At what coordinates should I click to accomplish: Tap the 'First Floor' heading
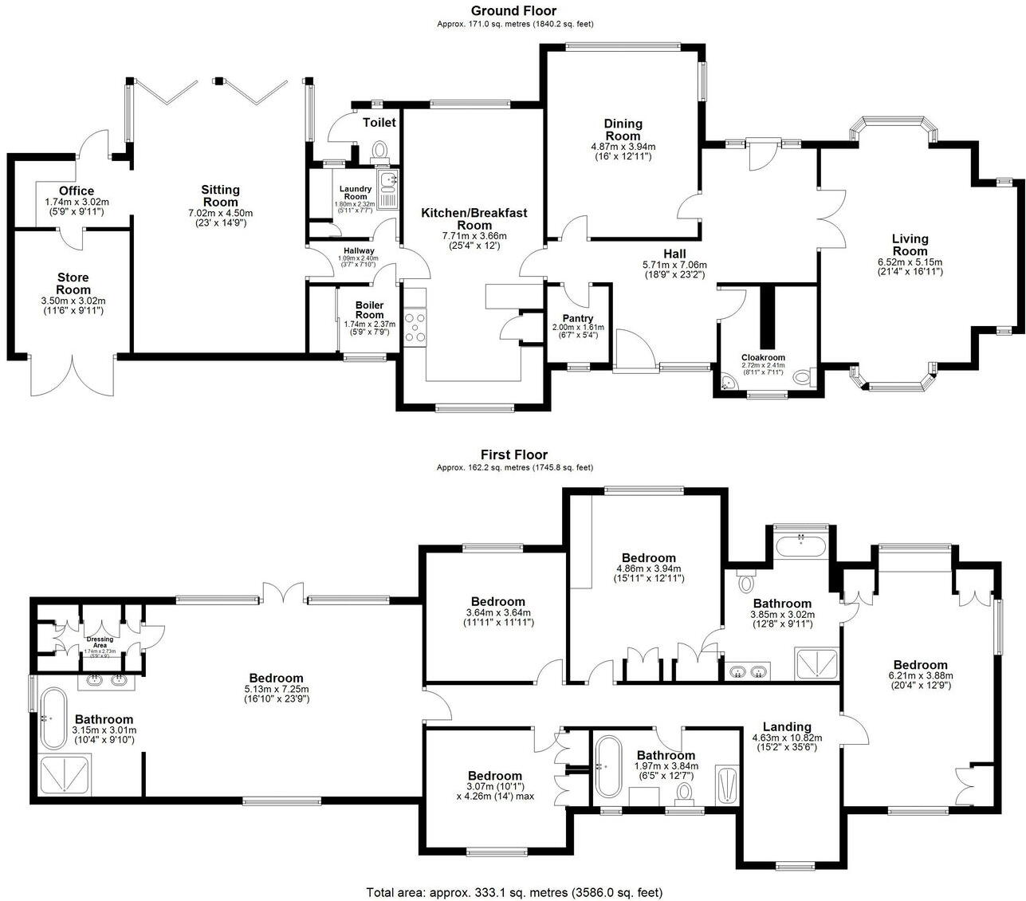click(514, 454)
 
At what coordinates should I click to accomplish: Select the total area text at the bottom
click(514, 892)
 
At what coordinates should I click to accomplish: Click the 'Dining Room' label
click(623, 129)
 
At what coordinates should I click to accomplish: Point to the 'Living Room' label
click(910, 245)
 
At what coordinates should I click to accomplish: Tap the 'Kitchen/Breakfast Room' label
click(474, 218)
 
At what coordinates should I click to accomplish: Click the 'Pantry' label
click(578, 319)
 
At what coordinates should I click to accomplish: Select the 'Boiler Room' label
click(369, 309)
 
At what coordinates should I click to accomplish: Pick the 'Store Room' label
click(73, 283)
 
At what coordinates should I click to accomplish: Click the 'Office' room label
click(77, 191)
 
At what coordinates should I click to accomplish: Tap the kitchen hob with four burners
click(415, 327)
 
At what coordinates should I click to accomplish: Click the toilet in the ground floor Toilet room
click(380, 151)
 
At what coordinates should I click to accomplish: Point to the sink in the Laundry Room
click(388, 180)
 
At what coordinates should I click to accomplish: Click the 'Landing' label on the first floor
click(787, 726)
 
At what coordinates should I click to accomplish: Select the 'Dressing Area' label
click(100, 639)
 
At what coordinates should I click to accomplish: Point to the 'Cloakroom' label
click(763, 358)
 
